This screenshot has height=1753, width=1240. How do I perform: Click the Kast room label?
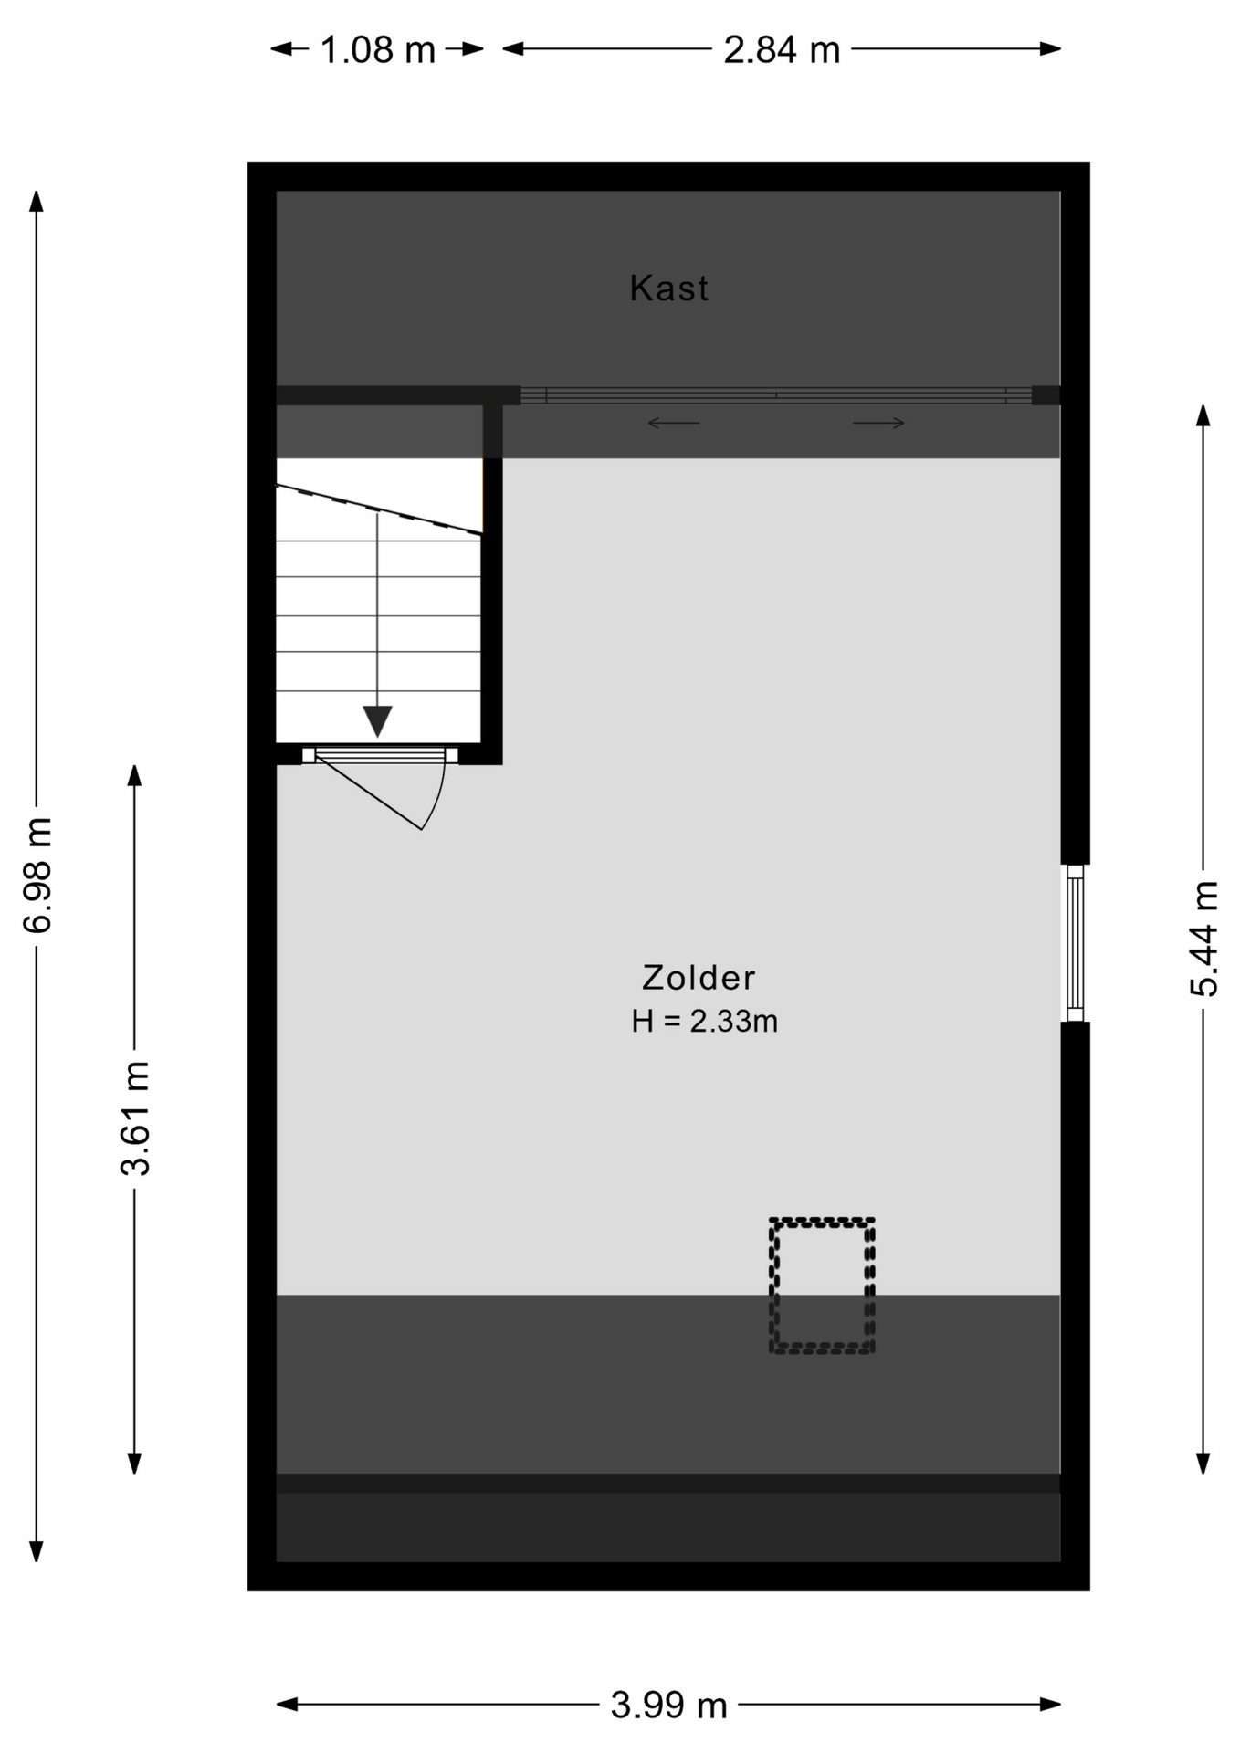coord(668,289)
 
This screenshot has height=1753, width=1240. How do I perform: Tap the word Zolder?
coord(699,978)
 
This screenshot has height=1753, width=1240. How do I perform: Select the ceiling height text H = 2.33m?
coord(704,1021)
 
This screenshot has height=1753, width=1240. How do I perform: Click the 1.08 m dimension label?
coord(377,50)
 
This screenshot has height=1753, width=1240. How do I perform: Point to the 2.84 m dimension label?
coord(782,50)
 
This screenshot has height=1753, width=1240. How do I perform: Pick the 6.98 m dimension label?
coord(37,876)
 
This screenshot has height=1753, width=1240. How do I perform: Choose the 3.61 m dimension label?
coord(135,1118)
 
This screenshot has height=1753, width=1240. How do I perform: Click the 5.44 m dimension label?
coord(1203,939)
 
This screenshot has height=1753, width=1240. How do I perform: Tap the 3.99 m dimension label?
coord(668,1705)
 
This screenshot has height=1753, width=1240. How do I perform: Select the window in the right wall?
coord(1076,943)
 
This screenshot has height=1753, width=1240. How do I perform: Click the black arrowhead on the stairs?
coord(377,721)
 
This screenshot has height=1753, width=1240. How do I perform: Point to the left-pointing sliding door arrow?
coord(674,423)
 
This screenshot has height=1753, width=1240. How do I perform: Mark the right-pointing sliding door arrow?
coord(878,423)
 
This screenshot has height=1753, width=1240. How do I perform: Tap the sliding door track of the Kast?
coord(776,395)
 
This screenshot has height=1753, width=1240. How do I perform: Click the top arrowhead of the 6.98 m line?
coord(37,200)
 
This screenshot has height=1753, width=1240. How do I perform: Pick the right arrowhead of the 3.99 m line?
coord(1051,1704)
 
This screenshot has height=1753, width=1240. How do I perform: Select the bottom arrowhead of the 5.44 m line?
coord(1203,1464)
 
